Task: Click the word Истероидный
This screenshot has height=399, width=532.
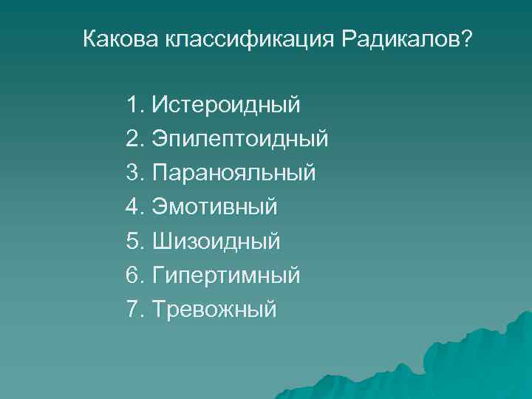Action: click(x=226, y=105)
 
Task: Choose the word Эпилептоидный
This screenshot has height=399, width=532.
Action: click(x=240, y=139)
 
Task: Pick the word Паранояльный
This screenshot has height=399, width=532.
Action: click(x=233, y=173)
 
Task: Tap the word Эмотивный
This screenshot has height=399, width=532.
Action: click(x=215, y=207)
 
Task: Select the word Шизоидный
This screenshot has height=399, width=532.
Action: click(x=216, y=241)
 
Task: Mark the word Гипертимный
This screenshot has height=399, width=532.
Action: click(x=226, y=275)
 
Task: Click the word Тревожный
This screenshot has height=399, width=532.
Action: click(x=214, y=309)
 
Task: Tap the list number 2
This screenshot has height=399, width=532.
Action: click(x=133, y=139)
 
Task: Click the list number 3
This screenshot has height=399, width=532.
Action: click(x=133, y=173)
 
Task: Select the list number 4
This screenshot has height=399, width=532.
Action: click(x=133, y=207)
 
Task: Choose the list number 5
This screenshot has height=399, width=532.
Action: click(x=133, y=241)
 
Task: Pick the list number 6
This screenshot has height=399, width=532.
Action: click(x=133, y=275)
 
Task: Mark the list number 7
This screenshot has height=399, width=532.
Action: click(x=133, y=309)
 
